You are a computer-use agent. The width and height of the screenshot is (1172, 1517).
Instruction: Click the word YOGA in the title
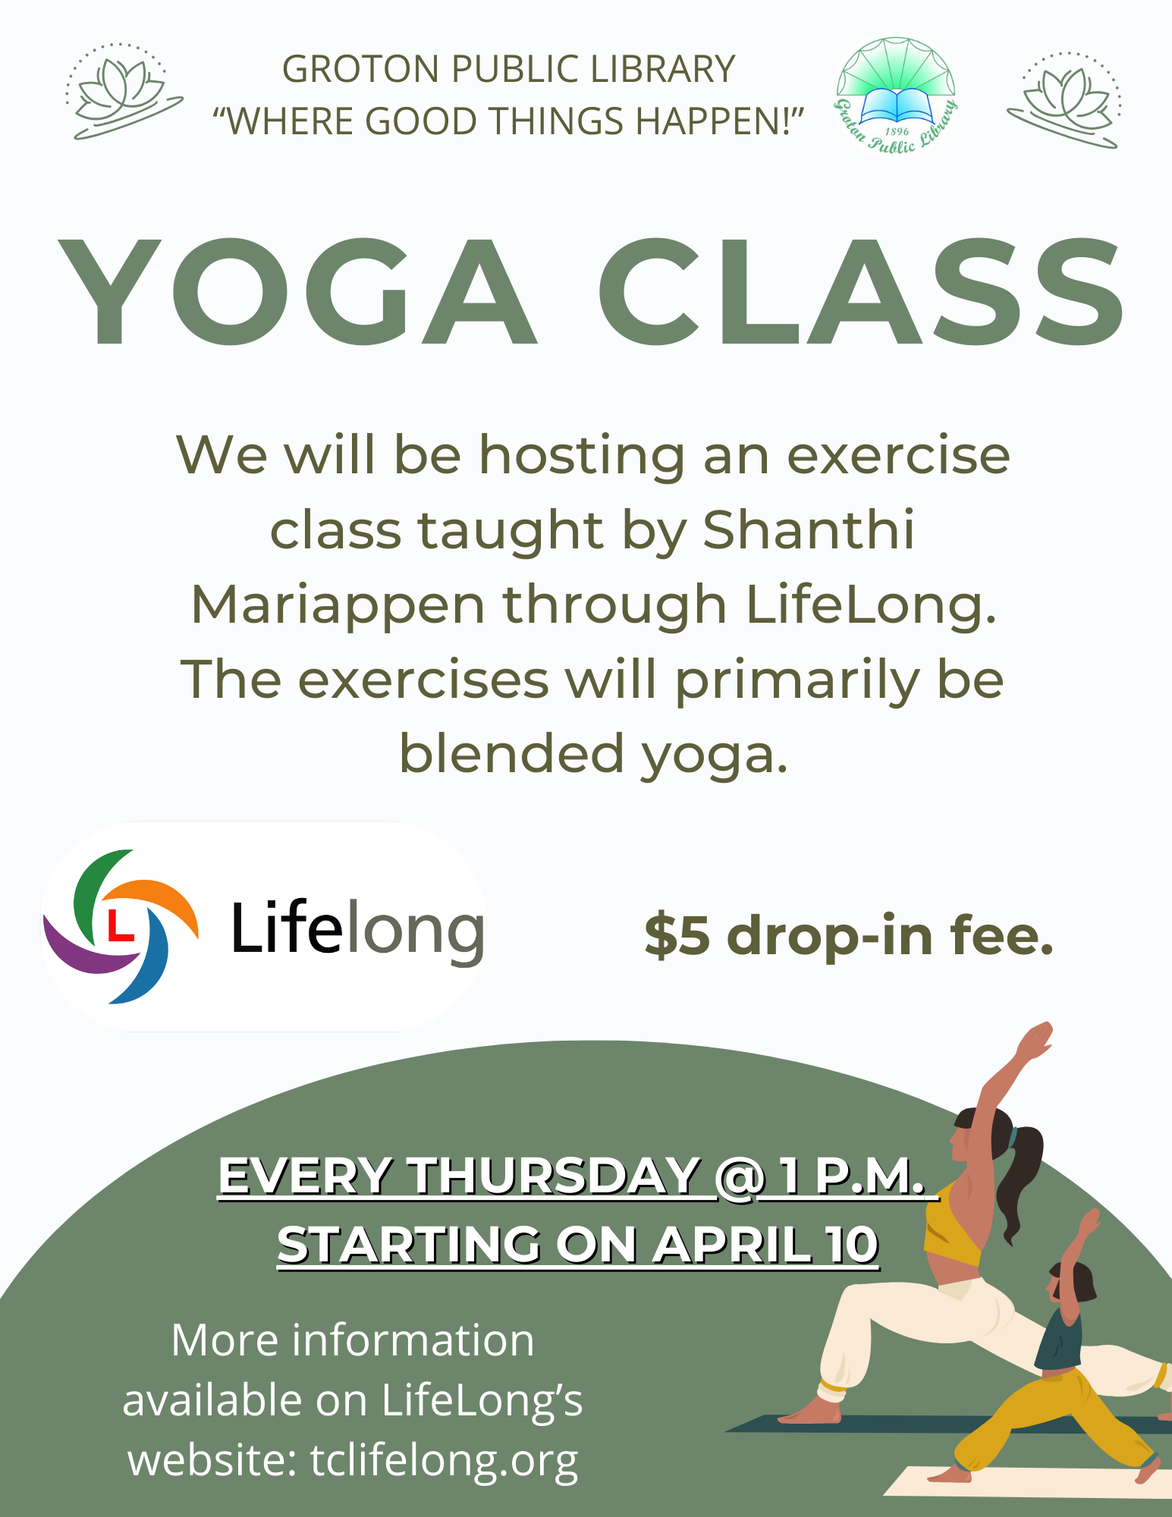(x=297, y=292)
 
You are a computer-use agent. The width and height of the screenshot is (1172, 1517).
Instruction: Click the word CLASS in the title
(x=861, y=292)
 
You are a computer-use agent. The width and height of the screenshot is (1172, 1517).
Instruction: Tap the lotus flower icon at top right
(x=1065, y=99)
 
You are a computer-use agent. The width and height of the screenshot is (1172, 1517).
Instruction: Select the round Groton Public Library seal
(x=896, y=95)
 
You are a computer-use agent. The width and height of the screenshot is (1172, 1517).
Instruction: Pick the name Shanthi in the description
(x=809, y=529)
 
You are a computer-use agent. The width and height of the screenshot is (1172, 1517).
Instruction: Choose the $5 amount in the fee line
(x=677, y=935)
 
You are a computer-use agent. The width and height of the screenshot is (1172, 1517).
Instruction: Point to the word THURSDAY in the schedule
(x=554, y=1176)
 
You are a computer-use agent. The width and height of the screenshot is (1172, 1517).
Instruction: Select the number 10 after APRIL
(x=853, y=1245)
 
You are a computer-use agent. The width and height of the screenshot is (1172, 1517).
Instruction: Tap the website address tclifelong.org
(x=444, y=1460)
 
